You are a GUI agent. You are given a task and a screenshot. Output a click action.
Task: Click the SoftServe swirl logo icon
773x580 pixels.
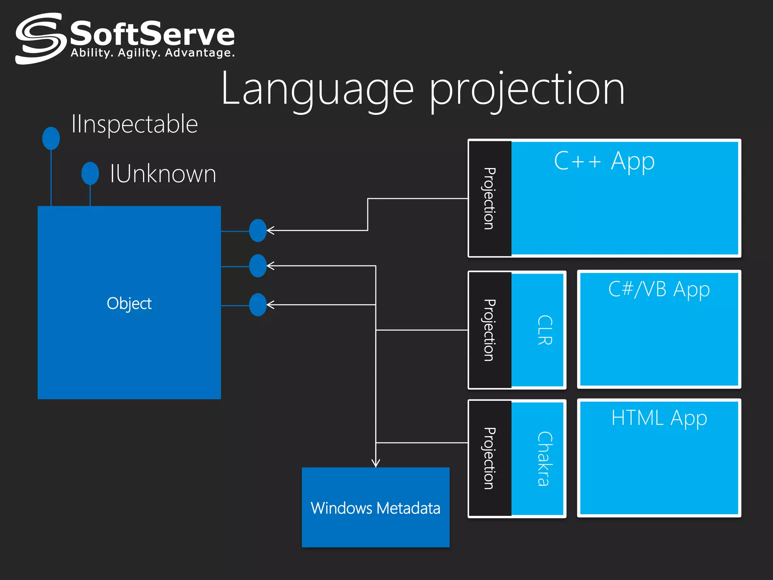coord(39,39)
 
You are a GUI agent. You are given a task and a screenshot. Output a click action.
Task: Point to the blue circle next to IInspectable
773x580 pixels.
coord(51,138)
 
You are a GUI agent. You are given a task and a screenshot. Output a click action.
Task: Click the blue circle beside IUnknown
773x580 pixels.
coord(90,173)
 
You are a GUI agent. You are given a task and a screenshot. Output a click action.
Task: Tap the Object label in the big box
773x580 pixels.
coord(129,304)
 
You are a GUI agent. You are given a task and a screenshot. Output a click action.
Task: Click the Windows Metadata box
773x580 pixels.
coord(376,507)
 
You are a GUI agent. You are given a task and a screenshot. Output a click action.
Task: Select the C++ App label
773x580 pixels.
coord(604,161)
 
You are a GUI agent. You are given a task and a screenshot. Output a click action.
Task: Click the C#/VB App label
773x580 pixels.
coord(659,290)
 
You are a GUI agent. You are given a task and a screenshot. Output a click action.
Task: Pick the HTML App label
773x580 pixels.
coord(659,418)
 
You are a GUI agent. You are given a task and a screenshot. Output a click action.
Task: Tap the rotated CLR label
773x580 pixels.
coord(545,330)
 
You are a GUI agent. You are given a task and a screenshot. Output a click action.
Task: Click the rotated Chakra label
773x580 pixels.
coord(545,458)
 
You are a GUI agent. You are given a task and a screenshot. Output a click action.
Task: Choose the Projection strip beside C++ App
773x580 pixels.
coord(490,199)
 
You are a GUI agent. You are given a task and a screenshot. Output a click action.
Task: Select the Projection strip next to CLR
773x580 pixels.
coord(490,330)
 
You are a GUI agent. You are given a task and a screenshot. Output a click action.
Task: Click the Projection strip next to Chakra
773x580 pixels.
coord(490,458)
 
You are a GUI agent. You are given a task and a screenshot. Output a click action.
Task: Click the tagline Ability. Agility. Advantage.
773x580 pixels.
coord(152,52)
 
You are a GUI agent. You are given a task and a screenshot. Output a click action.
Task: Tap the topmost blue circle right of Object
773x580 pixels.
coord(258,230)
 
